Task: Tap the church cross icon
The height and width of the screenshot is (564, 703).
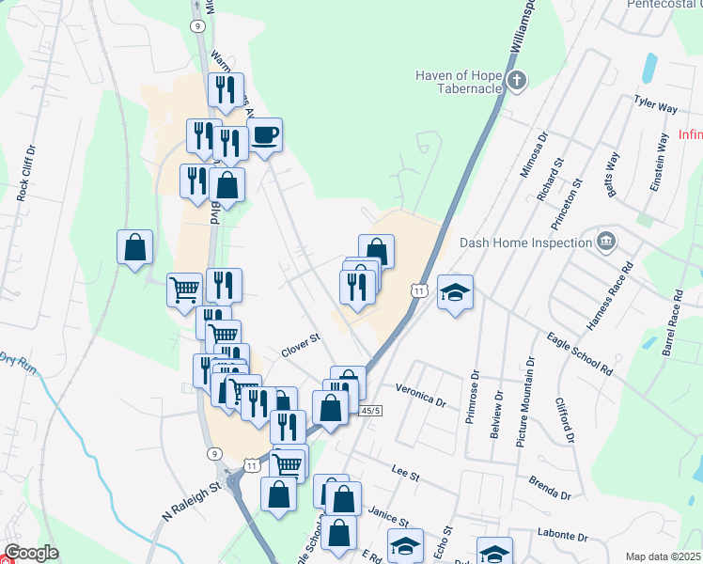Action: coord(516,81)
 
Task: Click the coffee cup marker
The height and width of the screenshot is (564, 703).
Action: coord(264,135)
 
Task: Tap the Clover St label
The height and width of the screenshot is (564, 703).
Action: coord(301,345)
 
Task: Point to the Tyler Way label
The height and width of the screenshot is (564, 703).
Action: coord(655,102)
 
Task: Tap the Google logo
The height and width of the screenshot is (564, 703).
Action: coord(31,553)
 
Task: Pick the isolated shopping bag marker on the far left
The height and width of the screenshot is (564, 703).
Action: coord(134,247)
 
